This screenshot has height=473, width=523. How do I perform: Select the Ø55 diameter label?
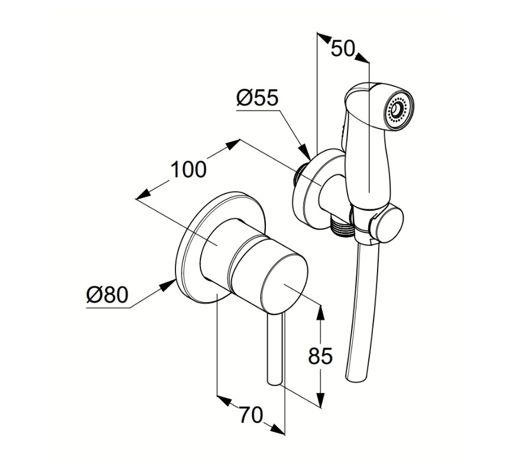(x=257, y=98)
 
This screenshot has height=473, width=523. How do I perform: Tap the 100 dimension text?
(x=189, y=170)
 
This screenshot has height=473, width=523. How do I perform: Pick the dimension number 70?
(x=251, y=416)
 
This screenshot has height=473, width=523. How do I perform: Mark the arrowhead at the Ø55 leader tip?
(x=304, y=153)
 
